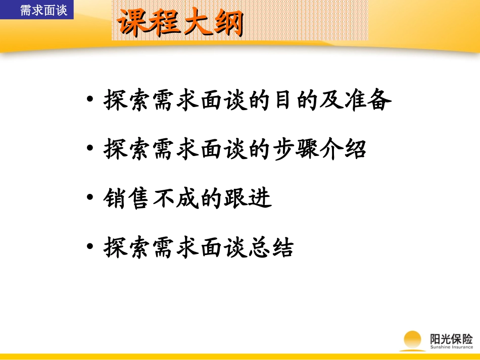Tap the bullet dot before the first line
point(90,100)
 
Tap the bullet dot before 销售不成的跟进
point(90,198)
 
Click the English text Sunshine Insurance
point(451,347)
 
